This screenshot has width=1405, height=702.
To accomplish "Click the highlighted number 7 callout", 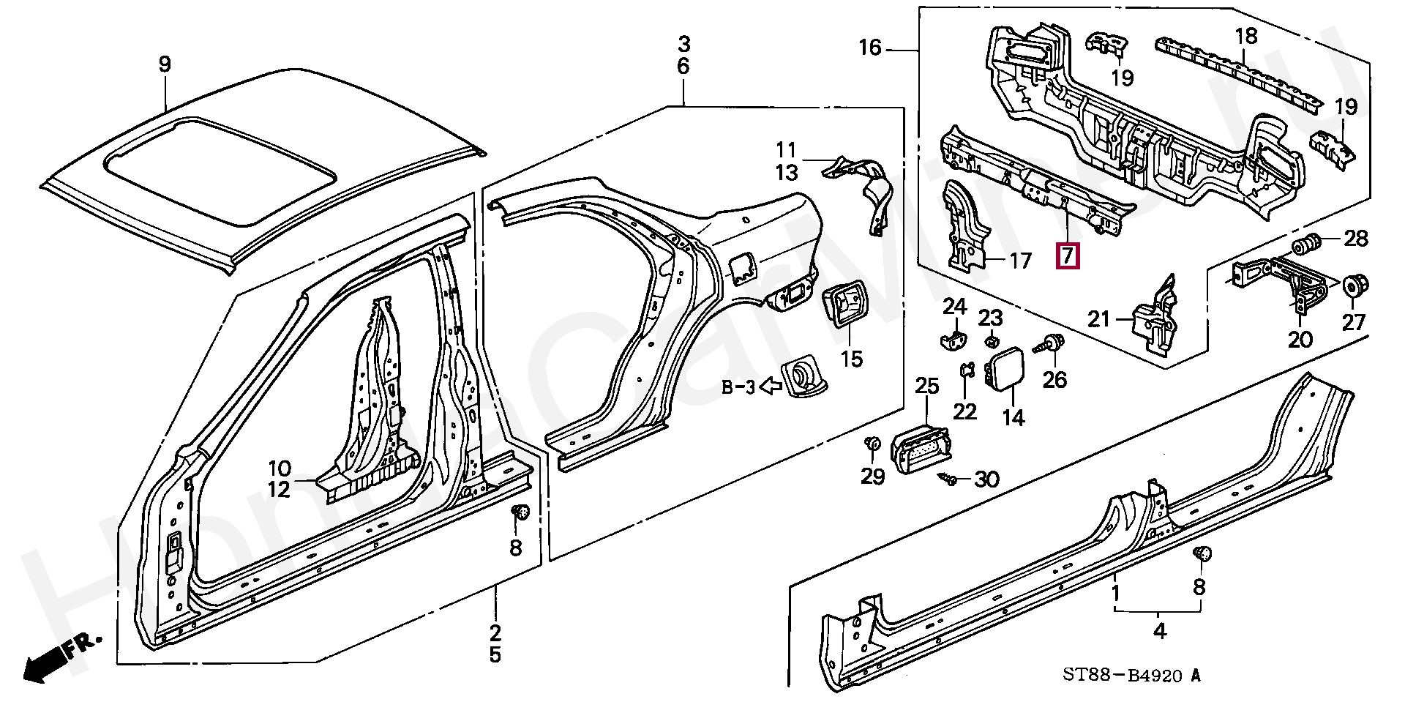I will click(1067, 255).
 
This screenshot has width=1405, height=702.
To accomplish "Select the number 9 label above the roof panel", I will click(165, 64).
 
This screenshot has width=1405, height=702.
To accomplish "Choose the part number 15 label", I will click(852, 359).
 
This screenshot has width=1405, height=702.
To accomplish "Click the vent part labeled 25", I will click(918, 446).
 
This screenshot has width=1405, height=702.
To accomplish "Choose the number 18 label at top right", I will click(1245, 35).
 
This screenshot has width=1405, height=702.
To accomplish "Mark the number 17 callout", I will click(1020, 260).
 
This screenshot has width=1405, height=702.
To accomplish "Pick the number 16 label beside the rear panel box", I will click(870, 48).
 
